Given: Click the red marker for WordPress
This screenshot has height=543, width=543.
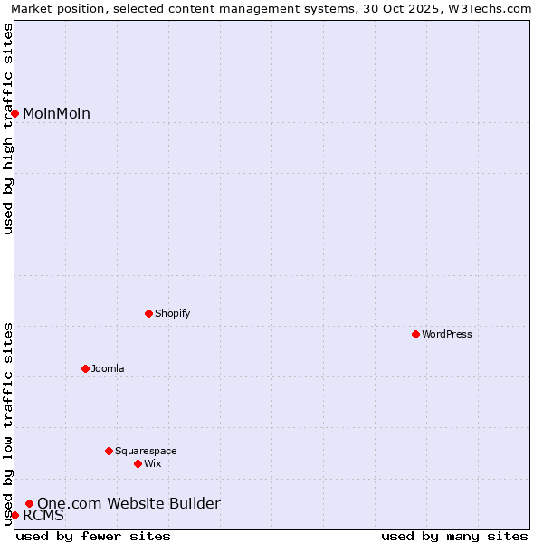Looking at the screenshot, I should (x=415, y=334).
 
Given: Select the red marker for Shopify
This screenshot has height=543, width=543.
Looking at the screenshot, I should (x=148, y=313).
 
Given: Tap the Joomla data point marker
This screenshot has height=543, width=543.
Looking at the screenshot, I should (x=85, y=368).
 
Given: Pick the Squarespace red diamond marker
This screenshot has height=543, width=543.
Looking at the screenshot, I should (x=109, y=451).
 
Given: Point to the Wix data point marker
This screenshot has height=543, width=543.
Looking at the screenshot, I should (x=138, y=463).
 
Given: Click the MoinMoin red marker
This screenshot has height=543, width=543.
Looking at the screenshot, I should (x=14, y=113).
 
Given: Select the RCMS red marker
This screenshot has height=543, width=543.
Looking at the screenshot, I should (x=14, y=515).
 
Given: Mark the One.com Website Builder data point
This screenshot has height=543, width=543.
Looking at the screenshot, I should (x=29, y=503).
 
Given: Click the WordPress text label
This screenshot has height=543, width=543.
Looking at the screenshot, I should (x=447, y=334).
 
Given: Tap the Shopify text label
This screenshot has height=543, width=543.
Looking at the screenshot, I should (x=172, y=313).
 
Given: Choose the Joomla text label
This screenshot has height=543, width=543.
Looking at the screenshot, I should (x=108, y=368).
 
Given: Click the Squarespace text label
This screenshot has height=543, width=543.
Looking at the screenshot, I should (x=146, y=451).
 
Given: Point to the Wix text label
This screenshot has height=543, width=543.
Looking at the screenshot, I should (x=153, y=463).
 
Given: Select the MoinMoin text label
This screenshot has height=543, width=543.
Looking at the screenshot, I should (x=56, y=113).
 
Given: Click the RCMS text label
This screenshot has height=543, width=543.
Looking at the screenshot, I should (x=43, y=516).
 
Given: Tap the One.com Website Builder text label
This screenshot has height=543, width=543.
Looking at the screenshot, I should (x=129, y=503).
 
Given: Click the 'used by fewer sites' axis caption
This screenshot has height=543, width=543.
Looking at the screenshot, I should (x=93, y=536).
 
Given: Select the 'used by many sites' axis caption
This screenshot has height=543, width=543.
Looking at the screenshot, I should (x=454, y=536).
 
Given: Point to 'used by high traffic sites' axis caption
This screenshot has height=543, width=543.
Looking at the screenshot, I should (x=8, y=129).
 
